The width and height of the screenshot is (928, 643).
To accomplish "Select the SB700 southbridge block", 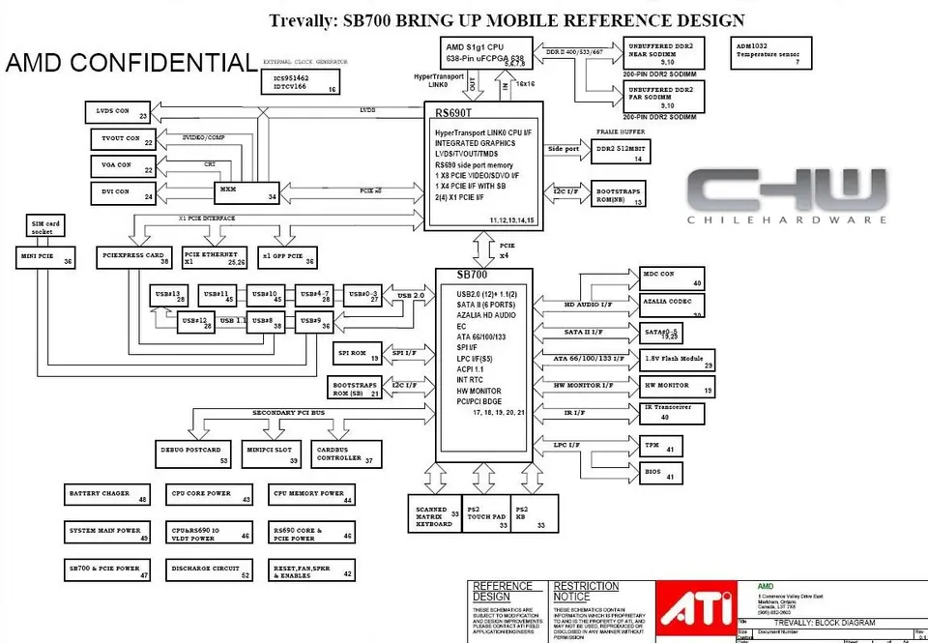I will (x=484, y=358).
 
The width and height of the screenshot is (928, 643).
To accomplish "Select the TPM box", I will (x=663, y=446).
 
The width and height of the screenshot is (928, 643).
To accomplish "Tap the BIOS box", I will (x=663, y=474).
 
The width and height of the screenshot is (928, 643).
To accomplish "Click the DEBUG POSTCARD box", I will (x=194, y=453).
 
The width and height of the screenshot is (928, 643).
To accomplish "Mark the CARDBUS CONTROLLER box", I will (x=344, y=453).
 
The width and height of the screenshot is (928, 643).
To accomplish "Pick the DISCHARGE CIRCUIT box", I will (x=209, y=570).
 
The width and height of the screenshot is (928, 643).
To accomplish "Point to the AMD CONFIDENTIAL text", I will (x=130, y=63).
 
